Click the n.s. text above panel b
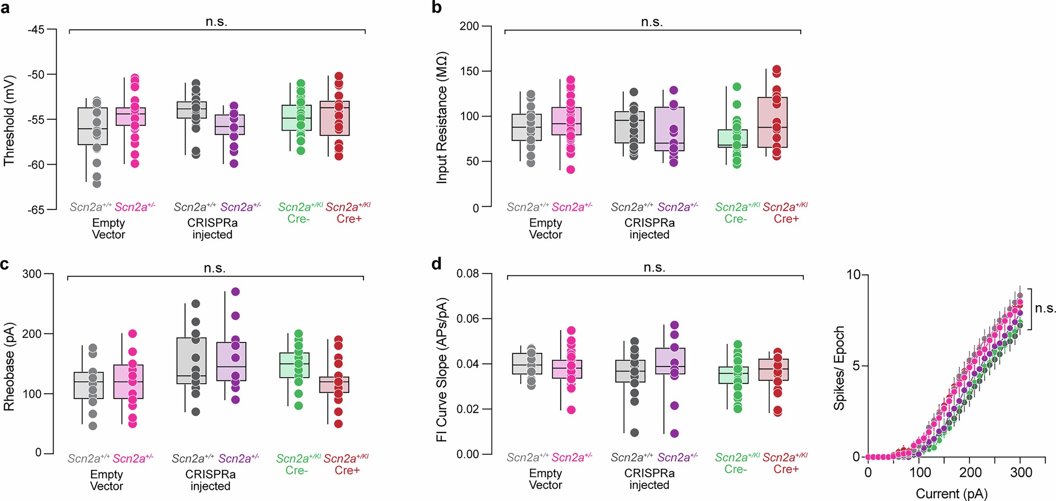[x=652, y=22]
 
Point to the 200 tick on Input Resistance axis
[x=469, y=26]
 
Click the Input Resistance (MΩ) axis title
[x=441, y=117]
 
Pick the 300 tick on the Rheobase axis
[x=32, y=274]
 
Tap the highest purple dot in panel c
[x=235, y=292]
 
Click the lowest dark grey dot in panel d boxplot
[x=634, y=432]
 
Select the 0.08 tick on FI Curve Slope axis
[x=468, y=274]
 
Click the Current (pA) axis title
[x=951, y=493]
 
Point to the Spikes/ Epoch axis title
[x=839, y=368]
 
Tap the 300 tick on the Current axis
[x=1021, y=472]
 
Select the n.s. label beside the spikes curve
[x=1045, y=308]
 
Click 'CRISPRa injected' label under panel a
[x=212, y=229]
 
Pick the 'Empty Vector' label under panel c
[x=107, y=480]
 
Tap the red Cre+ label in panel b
[x=786, y=219]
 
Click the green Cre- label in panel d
[x=735, y=469]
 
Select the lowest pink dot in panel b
[x=570, y=170]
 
